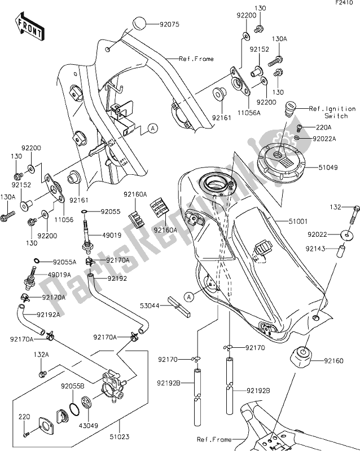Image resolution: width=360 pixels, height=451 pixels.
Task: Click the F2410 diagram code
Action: pos(347,5)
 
